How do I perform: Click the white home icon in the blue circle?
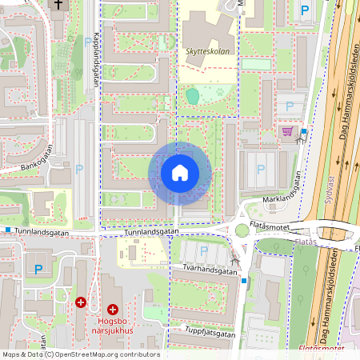[179, 173]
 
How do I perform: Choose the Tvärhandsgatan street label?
[204, 271]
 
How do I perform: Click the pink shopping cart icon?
[286, 132]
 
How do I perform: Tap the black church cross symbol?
[58, 5]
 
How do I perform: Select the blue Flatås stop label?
[305, 242]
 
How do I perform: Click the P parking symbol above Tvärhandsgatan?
[203, 252]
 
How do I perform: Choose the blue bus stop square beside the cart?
[305, 132]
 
